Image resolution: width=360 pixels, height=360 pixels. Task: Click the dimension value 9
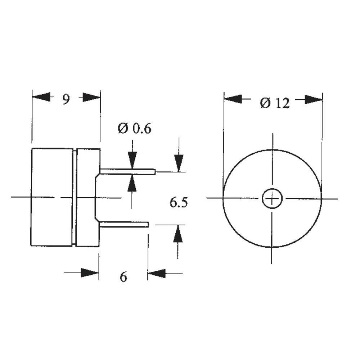[x=66, y=99]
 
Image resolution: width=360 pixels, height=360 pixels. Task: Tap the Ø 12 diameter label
[x=274, y=103]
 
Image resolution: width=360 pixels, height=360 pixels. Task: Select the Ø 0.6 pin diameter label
[x=134, y=129]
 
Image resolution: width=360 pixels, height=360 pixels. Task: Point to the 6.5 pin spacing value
[x=179, y=203]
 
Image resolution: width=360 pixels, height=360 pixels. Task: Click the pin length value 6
[x=123, y=277]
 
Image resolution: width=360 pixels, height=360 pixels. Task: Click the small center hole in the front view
[x=272, y=198]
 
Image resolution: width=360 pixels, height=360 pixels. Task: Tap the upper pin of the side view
[x=128, y=172]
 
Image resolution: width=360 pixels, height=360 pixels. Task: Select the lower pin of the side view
[x=124, y=225]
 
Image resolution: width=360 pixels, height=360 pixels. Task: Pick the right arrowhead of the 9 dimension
[x=91, y=97]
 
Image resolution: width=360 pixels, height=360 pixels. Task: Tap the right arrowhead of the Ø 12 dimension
[x=314, y=99]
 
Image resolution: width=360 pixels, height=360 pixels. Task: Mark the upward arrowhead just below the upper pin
[x=132, y=183]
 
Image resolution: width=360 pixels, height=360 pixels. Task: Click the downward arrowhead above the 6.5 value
[x=179, y=163]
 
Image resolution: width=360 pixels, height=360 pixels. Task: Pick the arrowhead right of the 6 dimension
[x=157, y=273]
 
